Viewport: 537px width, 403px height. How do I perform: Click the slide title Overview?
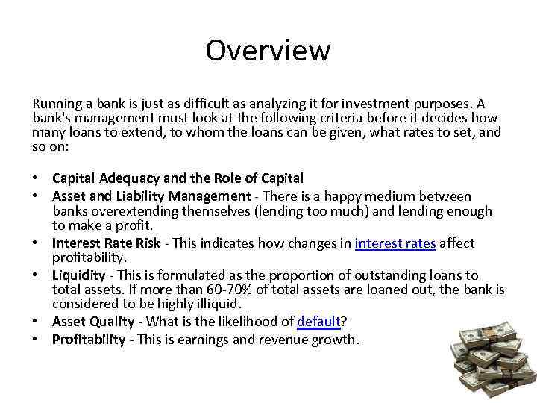click(268, 51)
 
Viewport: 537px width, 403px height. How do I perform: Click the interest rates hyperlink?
click(396, 243)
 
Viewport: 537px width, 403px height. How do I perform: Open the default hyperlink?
click(318, 322)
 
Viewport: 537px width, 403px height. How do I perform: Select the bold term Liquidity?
click(78, 275)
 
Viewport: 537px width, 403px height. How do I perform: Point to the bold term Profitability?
click(89, 340)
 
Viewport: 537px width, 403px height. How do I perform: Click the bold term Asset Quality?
click(92, 322)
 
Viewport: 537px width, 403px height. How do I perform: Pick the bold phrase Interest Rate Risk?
click(106, 243)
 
